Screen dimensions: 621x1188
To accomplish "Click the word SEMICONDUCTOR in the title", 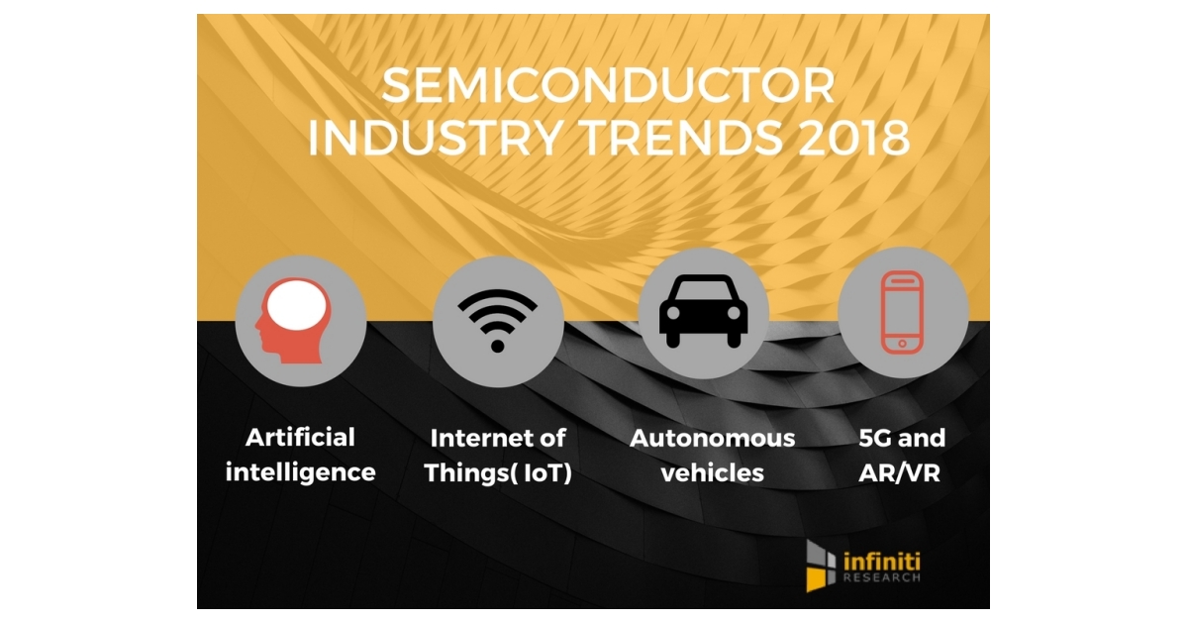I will pos(608,87).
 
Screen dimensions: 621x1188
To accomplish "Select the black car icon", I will pos(704,314).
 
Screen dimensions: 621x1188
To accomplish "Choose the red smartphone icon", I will pos(902,312).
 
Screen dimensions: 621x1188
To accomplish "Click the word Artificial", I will pos(301,437).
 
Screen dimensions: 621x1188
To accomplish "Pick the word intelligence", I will pos(301,471).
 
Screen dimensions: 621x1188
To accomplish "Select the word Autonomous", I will pos(713,437).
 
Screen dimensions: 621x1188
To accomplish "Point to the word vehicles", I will pos(713,471).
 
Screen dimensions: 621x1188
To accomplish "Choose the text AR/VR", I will pos(901,471).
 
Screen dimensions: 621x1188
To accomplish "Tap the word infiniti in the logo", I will pos(881,560).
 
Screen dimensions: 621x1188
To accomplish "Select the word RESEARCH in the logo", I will pos(881,577).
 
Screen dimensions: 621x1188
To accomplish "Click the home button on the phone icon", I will pos(902,344).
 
